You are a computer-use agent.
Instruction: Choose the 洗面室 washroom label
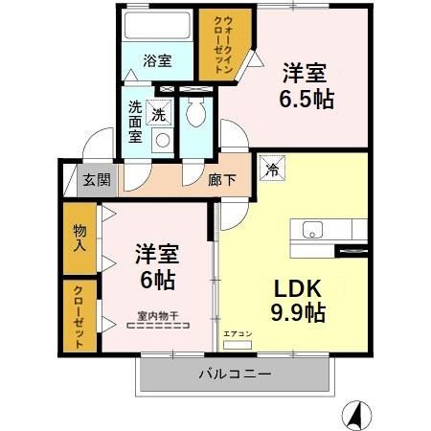[136, 123]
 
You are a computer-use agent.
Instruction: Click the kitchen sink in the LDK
[313, 230]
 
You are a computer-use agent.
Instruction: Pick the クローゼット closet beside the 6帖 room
[79, 316]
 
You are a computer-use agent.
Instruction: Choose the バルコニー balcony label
[236, 374]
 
